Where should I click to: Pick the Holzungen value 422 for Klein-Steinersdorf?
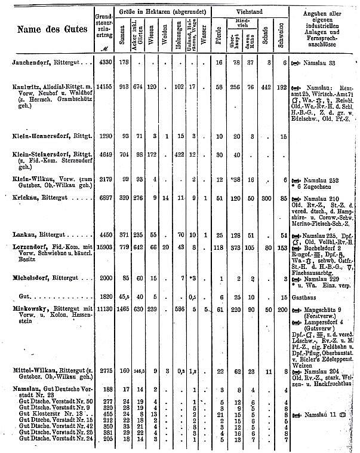(x=178, y=155)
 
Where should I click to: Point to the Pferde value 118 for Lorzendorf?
(x=219, y=247)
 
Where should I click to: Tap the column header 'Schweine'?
(x=281, y=30)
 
